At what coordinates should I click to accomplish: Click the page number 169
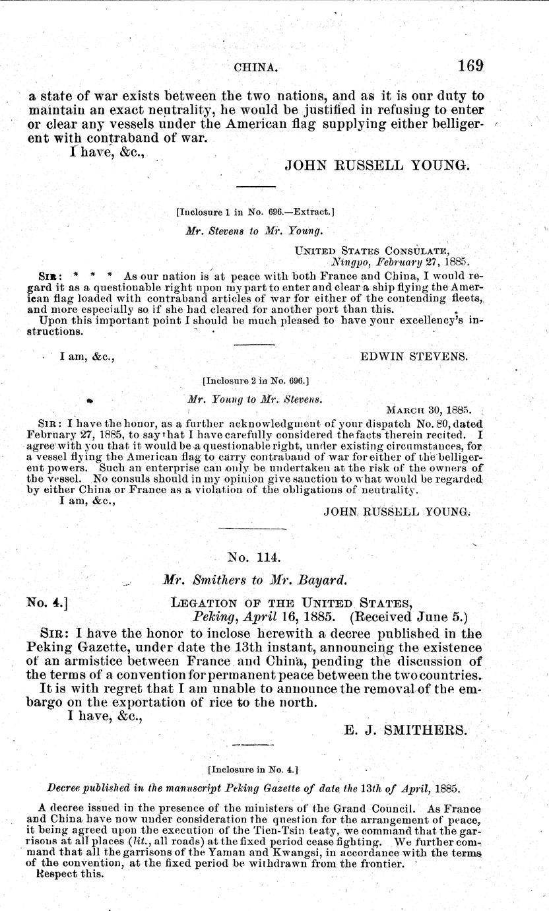[469, 66]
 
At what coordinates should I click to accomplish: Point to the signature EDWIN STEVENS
[414, 356]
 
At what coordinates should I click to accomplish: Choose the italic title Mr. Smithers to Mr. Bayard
[255, 581]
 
